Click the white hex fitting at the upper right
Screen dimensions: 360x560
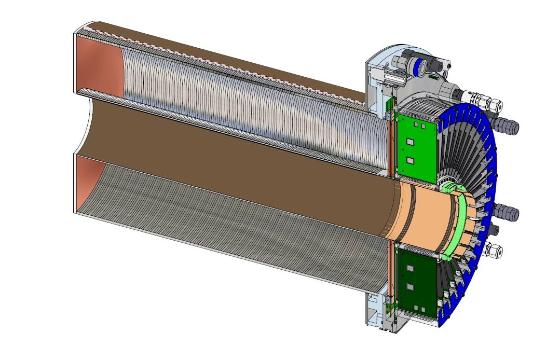click(492, 107)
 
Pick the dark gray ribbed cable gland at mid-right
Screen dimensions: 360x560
click(508, 212)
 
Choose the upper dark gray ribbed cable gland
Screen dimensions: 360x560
click(509, 126)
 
